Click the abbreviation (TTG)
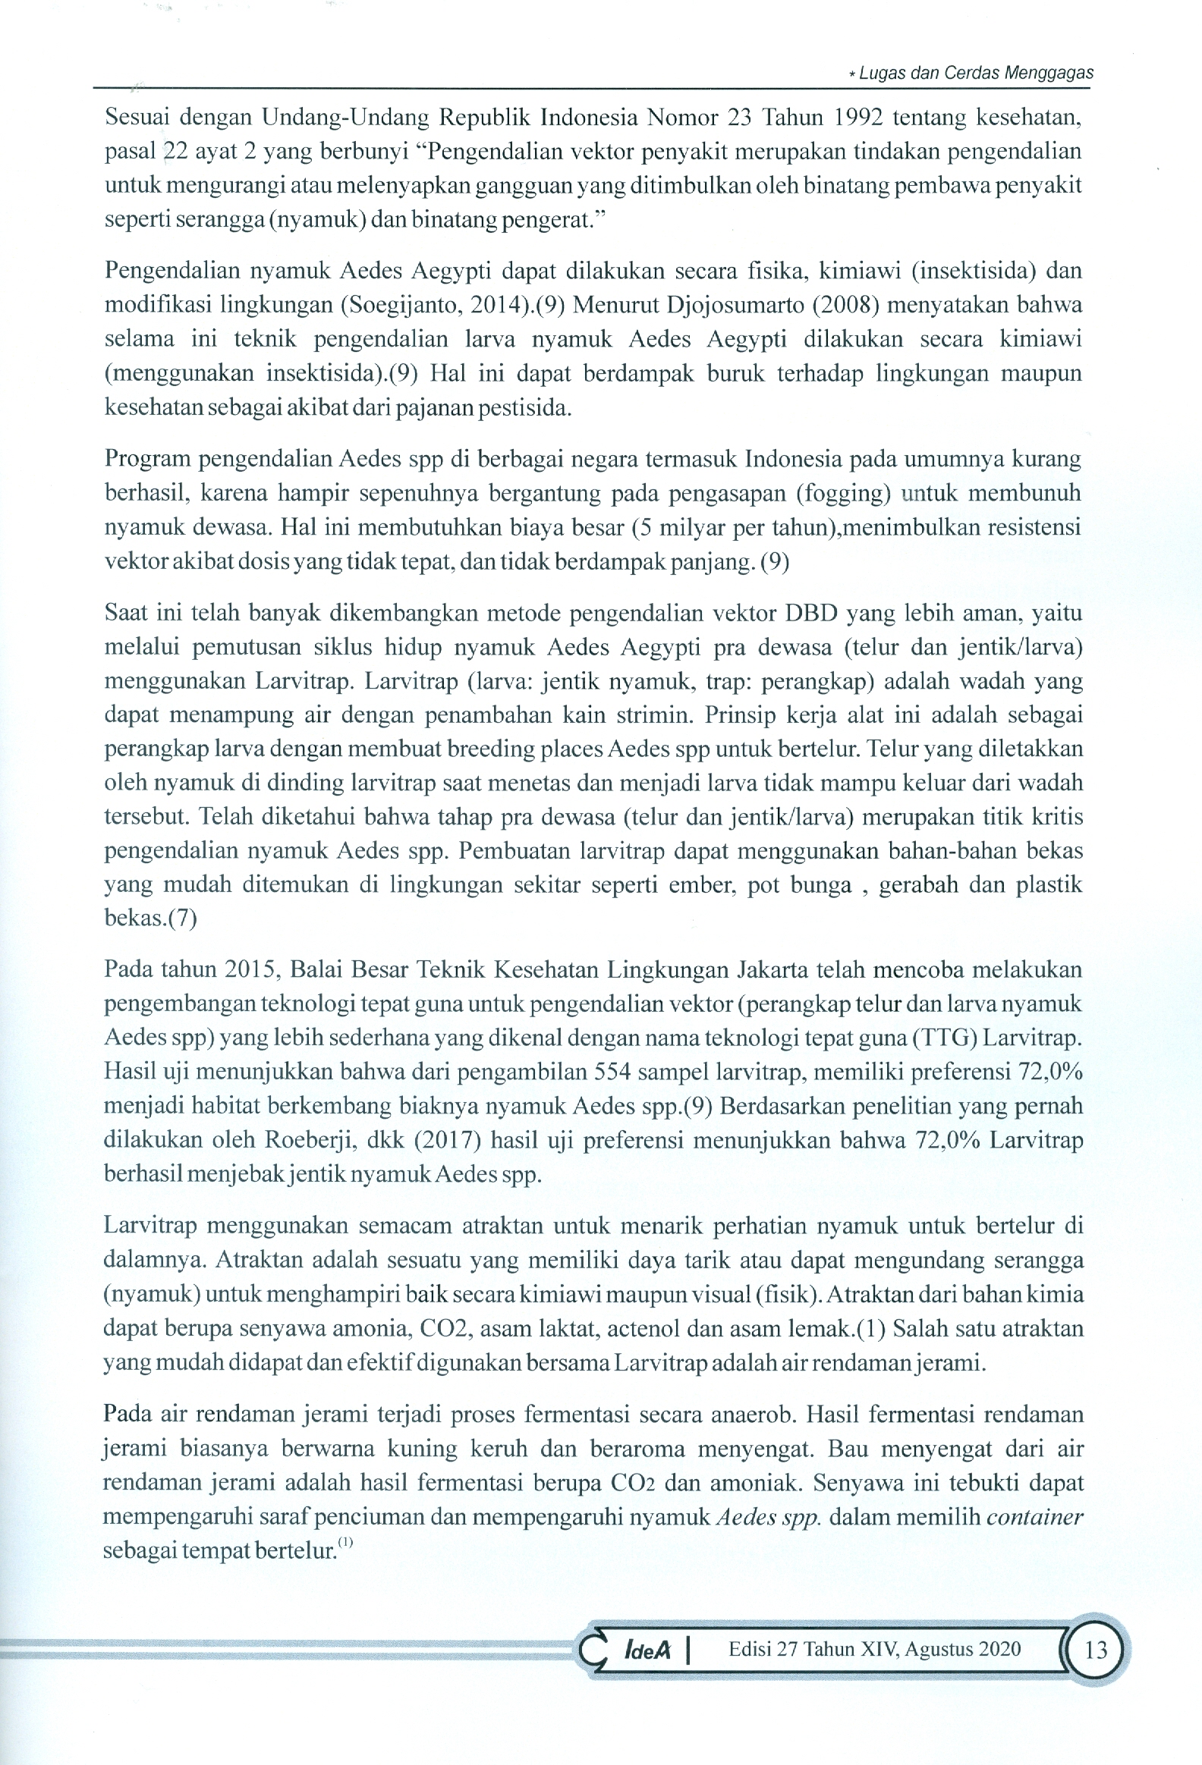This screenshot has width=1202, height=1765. tap(946, 1038)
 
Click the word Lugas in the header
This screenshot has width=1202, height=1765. tap(877, 74)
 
